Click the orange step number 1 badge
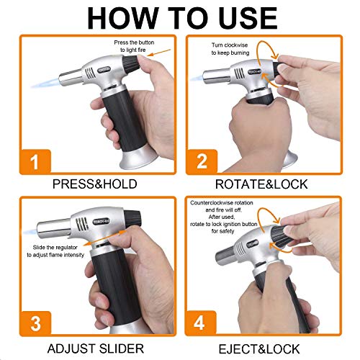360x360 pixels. click(x=35, y=162)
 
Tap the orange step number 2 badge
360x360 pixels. click(x=202, y=162)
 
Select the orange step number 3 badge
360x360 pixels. click(x=35, y=323)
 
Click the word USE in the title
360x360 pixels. click(x=248, y=18)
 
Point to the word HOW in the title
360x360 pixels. click(x=123, y=18)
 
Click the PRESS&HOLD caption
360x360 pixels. click(x=95, y=184)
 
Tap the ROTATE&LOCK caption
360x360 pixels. click(x=261, y=184)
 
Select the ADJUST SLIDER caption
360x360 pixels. click(x=96, y=348)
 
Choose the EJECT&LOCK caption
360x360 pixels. click(x=259, y=349)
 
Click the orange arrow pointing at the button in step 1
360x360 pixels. click(x=159, y=53)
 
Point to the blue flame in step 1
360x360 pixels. click(x=45, y=83)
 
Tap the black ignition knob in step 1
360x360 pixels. click(x=131, y=63)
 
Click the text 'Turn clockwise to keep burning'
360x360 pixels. click(x=230, y=49)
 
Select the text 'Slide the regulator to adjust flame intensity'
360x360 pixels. click(x=55, y=251)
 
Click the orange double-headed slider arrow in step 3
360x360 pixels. click(x=104, y=238)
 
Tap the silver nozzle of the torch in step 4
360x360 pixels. click(x=225, y=256)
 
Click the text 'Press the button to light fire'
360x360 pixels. click(x=134, y=46)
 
